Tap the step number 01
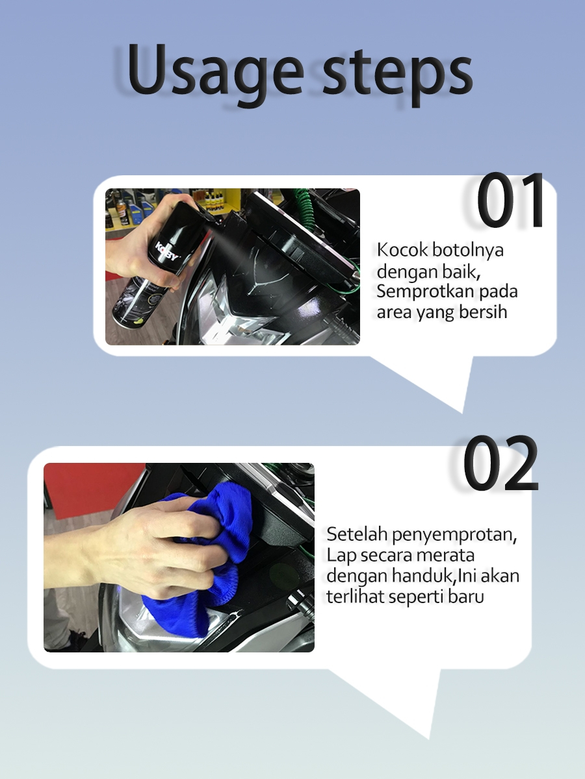click(510, 200)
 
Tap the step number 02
click(500, 462)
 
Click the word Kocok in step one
click(402, 250)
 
